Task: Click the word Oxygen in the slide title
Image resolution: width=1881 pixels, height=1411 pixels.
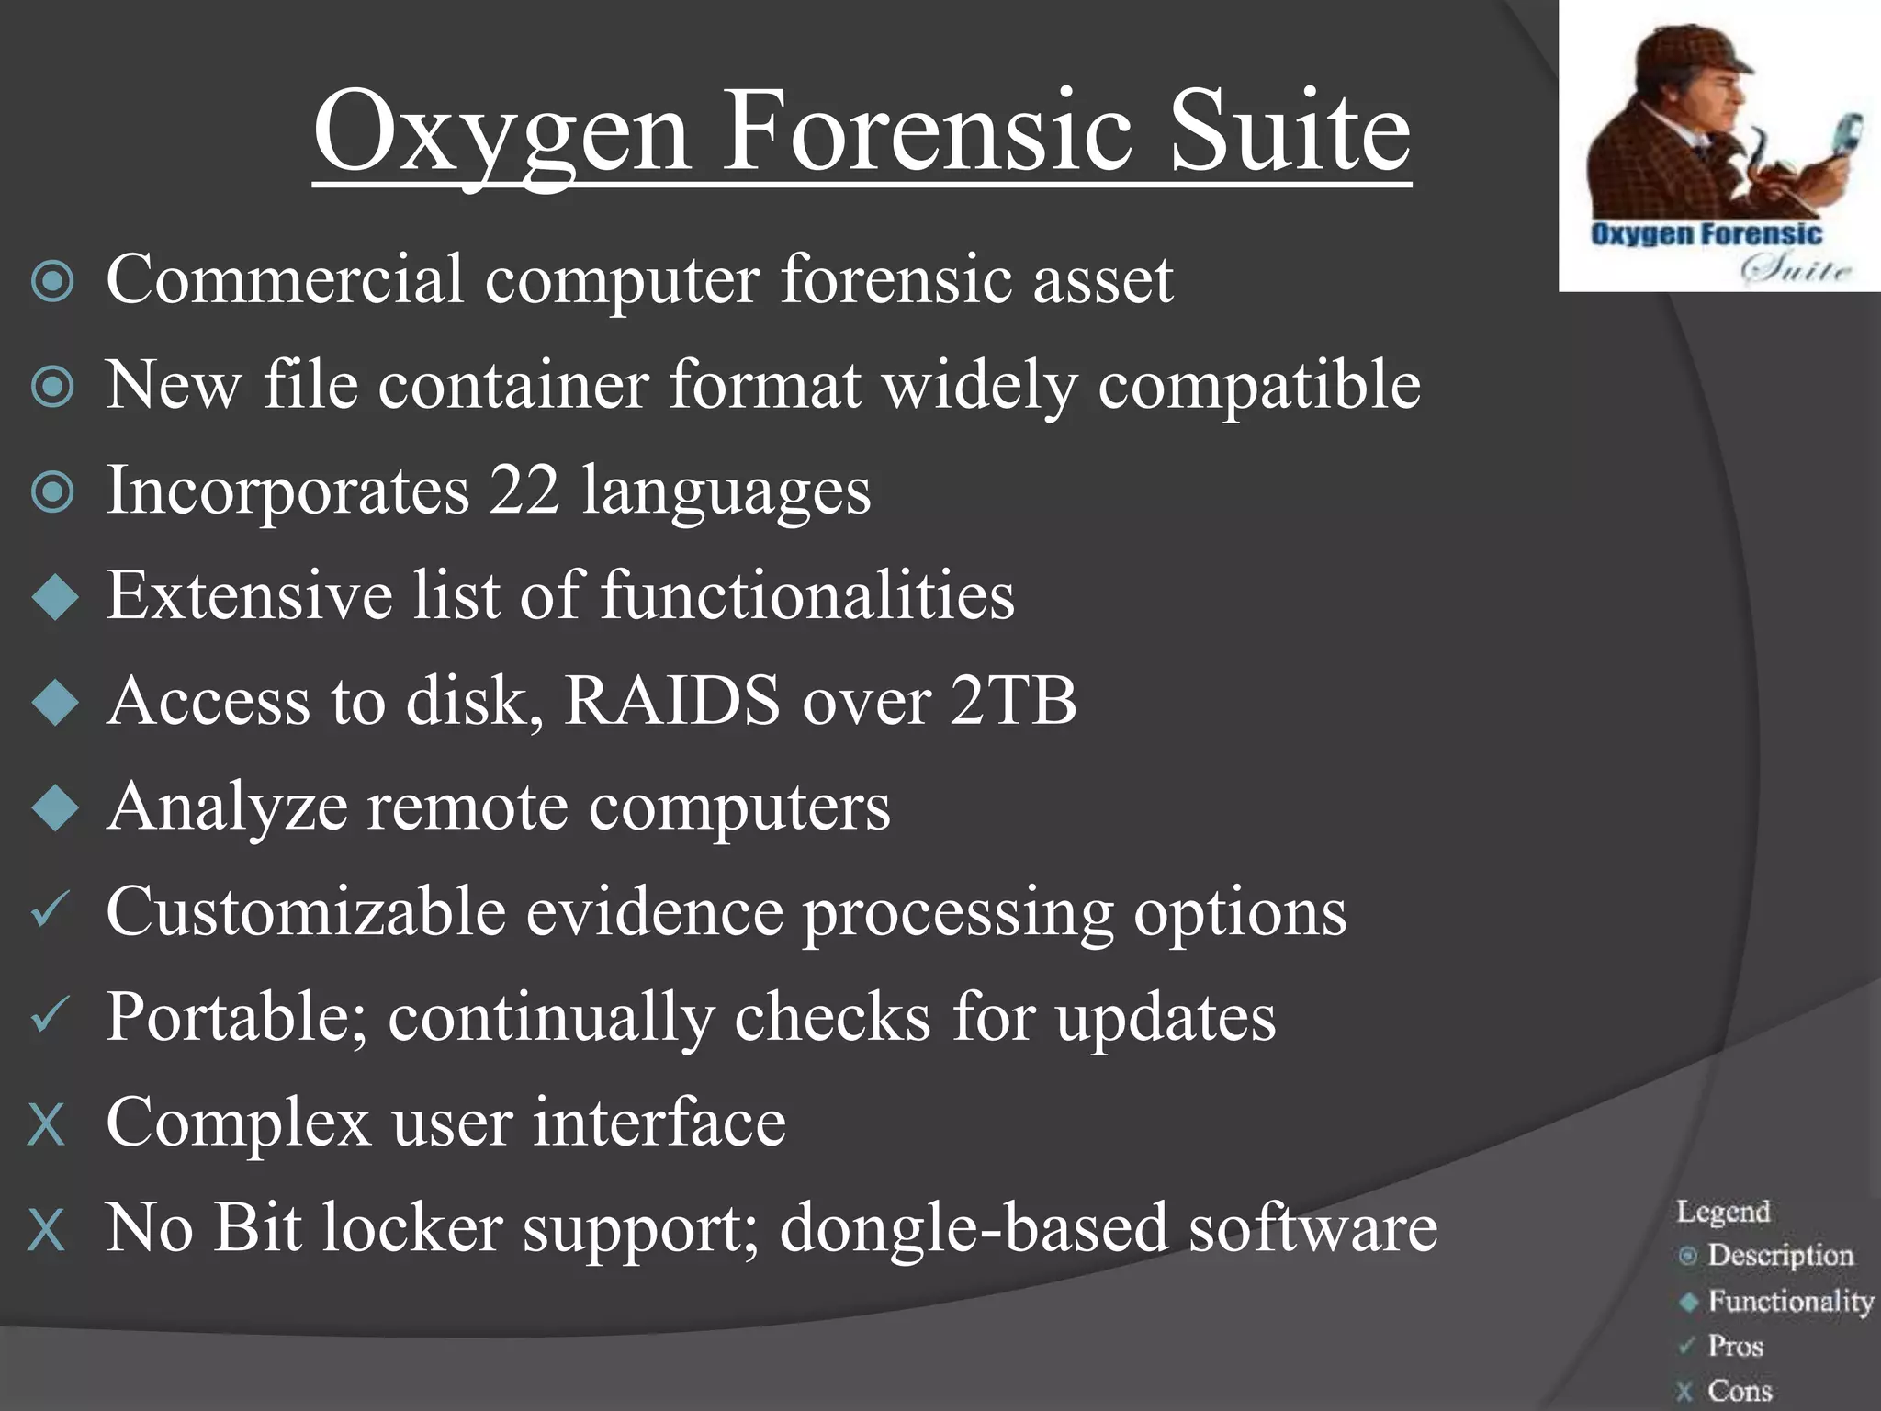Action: pos(501,133)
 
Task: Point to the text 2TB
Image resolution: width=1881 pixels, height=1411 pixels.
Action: pos(1012,701)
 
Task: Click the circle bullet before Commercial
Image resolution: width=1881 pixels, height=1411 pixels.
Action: pos(52,282)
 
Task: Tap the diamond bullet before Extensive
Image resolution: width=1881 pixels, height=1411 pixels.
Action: pos(55,598)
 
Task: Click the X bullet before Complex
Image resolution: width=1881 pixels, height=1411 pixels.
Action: pos(47,1124)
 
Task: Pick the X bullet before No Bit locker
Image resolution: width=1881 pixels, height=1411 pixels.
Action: pos(47,1230)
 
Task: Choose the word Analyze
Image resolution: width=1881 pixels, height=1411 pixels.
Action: pos(227,807)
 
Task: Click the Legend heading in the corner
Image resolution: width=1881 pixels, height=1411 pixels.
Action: pos(1723,1212)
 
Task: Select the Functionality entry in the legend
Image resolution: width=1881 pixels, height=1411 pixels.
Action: pos(1790,1301)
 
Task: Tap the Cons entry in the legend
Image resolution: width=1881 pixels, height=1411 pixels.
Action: pos(1740,1390)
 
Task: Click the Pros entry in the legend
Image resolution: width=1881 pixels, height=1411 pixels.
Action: pos(1735,1346)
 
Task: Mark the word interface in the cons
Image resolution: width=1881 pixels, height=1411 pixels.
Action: pos(659,1123)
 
